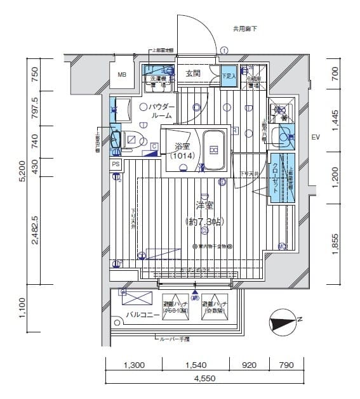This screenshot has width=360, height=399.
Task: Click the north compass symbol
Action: point(281,323)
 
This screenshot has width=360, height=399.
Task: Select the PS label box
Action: point(116,164)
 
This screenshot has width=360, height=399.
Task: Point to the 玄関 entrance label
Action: point(194,74)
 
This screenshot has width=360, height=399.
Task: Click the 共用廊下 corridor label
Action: point(245,28)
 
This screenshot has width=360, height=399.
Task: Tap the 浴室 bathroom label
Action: point(182,147)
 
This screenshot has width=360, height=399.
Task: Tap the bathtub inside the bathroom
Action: point(214,150)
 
